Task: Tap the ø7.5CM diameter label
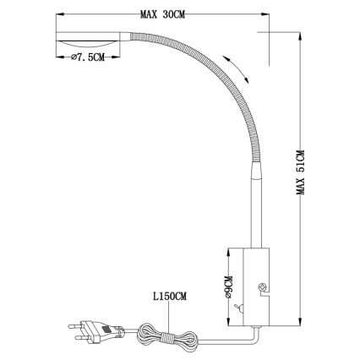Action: (x=85, y=57)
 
